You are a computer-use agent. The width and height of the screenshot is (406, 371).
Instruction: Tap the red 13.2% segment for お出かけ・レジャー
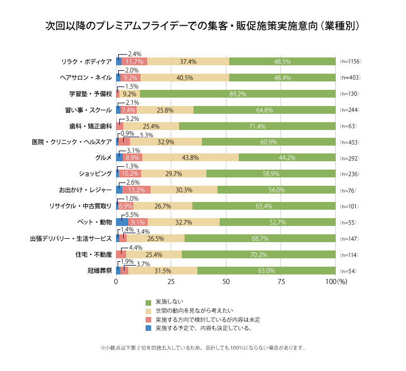pyautogui.click(x=136, y=190)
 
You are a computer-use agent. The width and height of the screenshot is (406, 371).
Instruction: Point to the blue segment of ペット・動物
pyautogui.click(x=122, y=222)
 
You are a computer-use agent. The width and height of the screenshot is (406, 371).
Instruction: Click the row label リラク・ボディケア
pyautogui.click(x=88, y=61)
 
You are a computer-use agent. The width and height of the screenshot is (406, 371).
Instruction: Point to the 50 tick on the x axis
pyautogui.click(x=226, y=282)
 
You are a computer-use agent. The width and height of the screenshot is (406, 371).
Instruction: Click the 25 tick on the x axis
pyautogui.click(x=171, y=282)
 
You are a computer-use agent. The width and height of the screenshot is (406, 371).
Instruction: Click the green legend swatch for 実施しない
pyautogui.click(x=148, y=302)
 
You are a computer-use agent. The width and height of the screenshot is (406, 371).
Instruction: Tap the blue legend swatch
pyautogui.click(x=148, y=329)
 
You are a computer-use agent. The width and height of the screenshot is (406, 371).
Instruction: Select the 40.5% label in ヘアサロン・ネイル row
pyautogui.click(x=184, y=78)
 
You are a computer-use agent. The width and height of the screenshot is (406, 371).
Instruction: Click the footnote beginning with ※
pyautogui.click(x=203, y=348)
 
